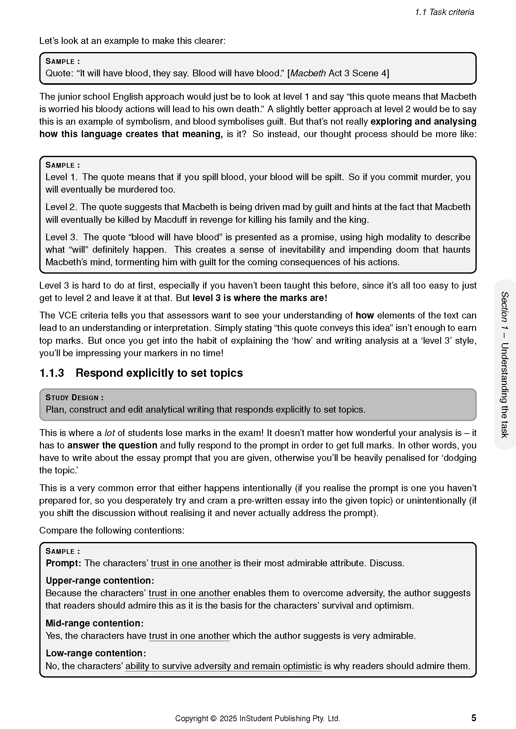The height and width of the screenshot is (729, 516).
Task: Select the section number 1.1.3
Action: [x=51, y=373]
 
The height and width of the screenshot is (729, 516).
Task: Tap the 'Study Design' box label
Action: [x=74, y=397]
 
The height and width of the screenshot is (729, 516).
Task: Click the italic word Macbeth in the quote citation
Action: [x=308, y=73]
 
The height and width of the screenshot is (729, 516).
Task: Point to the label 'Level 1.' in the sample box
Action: [x=61, y=177]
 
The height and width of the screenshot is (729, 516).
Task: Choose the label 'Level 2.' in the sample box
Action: [x=61, y=207]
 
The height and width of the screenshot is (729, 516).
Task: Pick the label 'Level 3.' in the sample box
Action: [x=61, y=237]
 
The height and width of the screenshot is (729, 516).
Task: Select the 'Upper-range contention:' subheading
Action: [x=100, y=581]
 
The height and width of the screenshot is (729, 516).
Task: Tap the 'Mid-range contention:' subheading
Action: [x=94, y=623]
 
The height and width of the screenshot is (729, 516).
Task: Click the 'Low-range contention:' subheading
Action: [x=96, y=653]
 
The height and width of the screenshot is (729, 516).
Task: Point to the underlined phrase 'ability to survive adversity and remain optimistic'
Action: [x=223, y=666]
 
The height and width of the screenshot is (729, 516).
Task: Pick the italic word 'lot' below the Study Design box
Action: [x=110, y=433]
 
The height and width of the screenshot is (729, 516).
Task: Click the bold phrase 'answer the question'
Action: [x=112, y=445]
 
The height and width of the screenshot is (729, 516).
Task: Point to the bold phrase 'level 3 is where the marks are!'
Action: [x=260, y=298]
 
